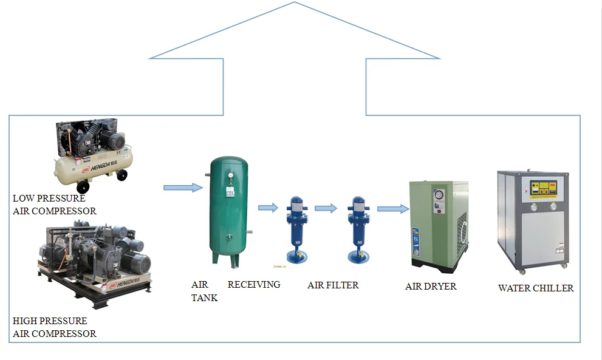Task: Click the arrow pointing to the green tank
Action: pos(183,188)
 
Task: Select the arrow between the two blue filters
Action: pos(326,208)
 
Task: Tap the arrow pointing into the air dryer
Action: pos(392,209)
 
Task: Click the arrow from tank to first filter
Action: pos(268,208)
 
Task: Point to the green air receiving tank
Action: pos(228,209)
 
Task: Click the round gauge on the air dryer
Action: pos(437,195)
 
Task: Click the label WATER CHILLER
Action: pos(535,288)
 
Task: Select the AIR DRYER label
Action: pos(431,287)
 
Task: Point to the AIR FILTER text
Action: pos(333,285)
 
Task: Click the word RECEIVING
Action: pos(254,284)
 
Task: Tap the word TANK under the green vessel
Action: pos(204,297)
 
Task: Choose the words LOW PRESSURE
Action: pos(49,199)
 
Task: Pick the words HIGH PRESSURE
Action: pos(50,321)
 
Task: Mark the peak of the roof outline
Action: pos(295,2)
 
